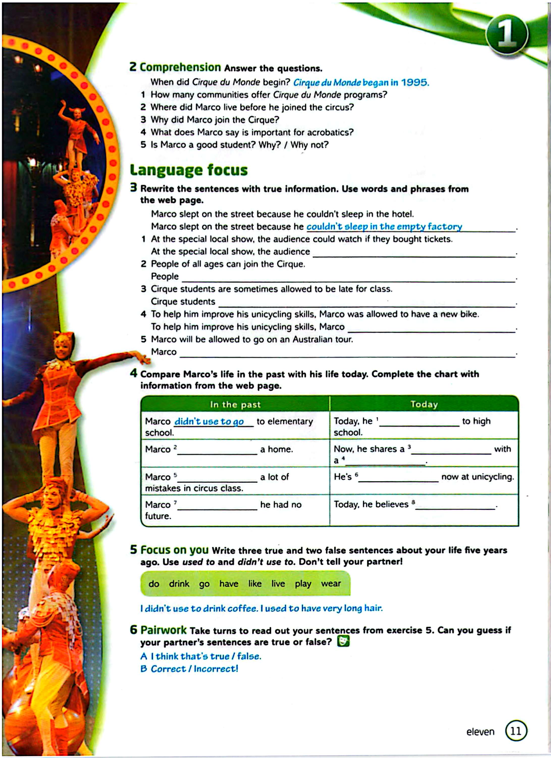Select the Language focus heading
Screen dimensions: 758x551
click(x=189, y=170)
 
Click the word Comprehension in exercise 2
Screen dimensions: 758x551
click(x=180, y=67)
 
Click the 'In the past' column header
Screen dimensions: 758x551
click(x=235, y=405)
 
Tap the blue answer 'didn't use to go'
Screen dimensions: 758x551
click(x=209, y=422)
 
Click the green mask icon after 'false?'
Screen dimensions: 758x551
click(x=343, y=641)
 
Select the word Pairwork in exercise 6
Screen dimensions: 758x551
click(x=163, y=630)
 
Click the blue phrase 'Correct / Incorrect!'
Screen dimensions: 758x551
click(x=194, y=669)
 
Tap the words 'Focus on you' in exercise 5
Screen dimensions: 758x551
click(x=174, y=550)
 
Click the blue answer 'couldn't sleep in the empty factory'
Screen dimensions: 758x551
click(x=384, y=227)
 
